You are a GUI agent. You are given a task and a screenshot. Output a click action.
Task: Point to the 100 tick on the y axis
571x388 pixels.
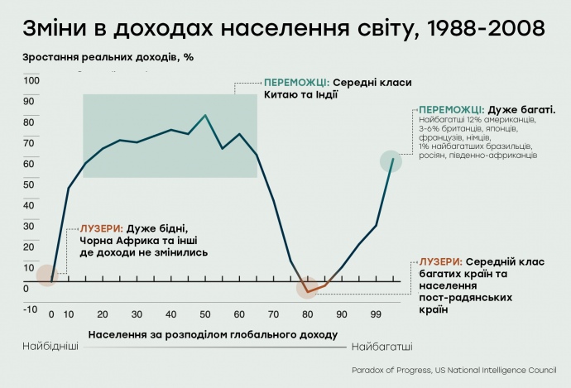tap(31, 80)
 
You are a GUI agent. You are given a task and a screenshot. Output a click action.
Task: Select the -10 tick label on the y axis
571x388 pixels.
tap(31, 309)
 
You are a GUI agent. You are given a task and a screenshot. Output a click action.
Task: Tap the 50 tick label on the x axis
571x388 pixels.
tap(205, 314)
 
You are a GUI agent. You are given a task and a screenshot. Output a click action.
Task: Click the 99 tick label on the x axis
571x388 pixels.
tap(377, 314)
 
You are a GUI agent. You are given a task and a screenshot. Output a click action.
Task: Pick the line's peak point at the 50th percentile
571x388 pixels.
tap(205, 115)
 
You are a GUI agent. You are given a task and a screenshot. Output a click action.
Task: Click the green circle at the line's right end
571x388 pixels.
tap(391, 160)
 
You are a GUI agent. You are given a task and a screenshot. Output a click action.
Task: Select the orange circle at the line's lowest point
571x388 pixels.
tap(307, 290)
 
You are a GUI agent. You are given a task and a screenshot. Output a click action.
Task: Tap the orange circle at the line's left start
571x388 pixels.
tap(47, 275)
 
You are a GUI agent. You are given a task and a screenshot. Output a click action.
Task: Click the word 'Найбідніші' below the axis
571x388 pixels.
tap(50, 346)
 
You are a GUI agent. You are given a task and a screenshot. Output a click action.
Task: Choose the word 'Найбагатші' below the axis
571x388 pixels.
tap(382, 346)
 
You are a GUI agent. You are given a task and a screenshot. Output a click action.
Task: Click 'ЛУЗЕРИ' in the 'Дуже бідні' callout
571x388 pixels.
tap(101, 228)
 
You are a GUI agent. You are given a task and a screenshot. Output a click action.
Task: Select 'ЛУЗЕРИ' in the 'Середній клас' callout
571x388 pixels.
tap(441, 261)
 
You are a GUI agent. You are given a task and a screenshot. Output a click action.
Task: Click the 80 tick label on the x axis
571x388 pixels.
tap(308, 314)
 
